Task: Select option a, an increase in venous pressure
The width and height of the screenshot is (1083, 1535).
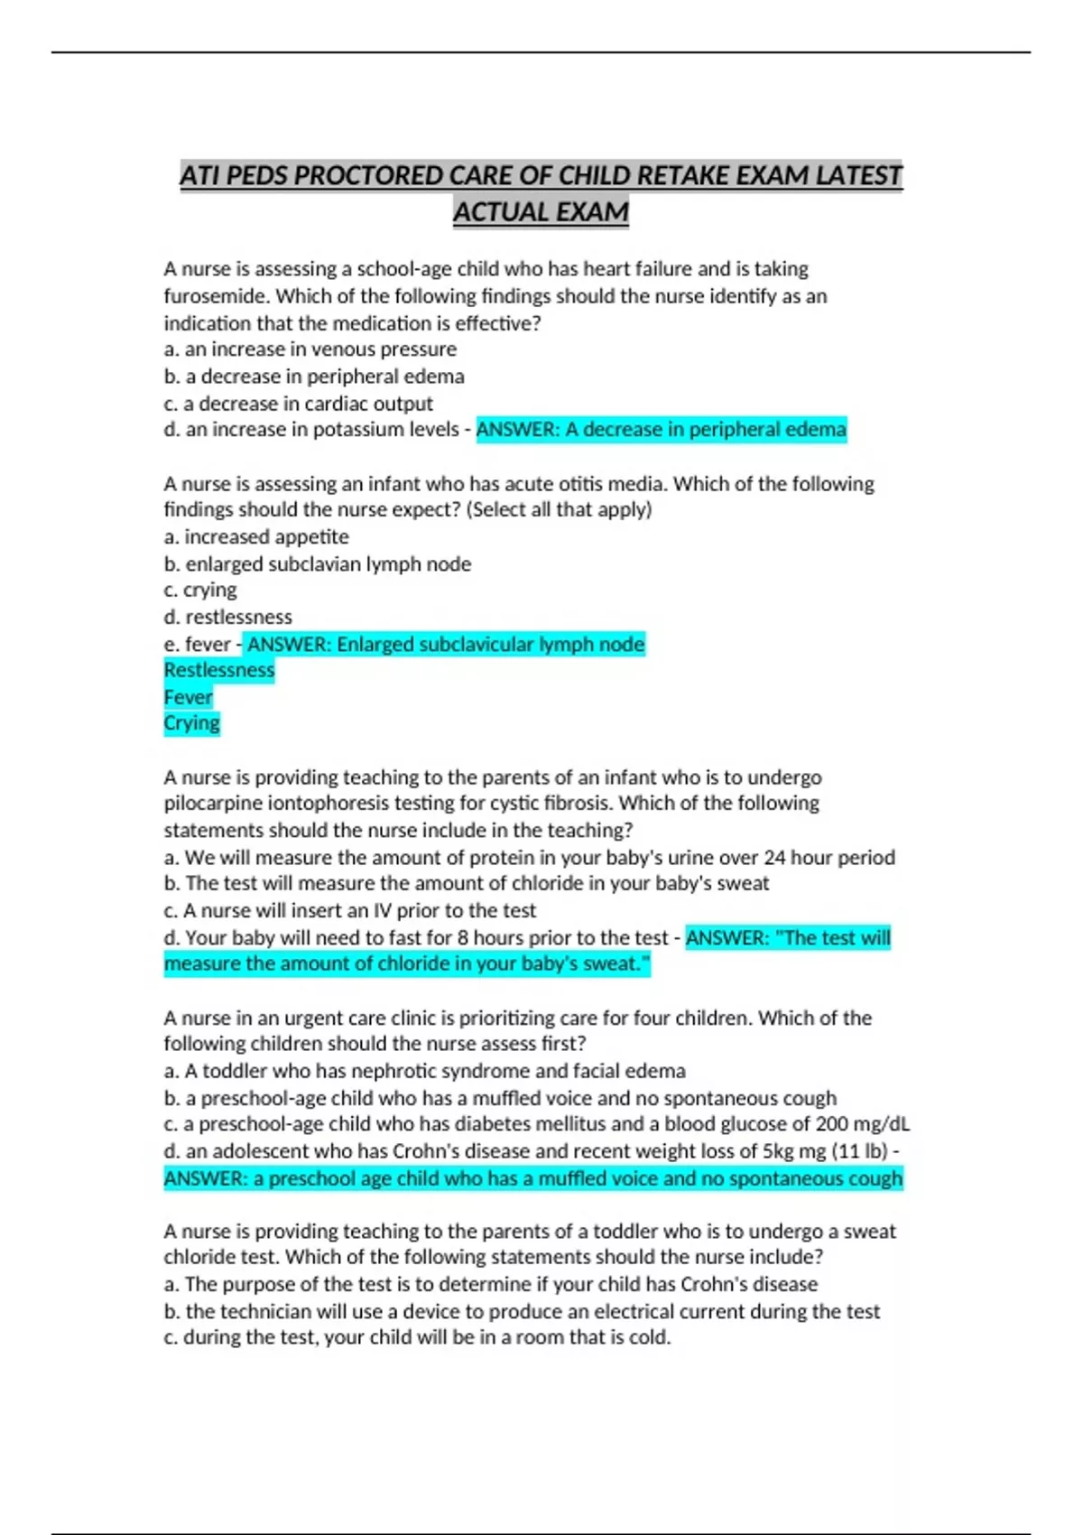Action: coord(310,349)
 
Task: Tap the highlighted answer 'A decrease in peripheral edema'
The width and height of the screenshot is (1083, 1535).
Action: coord(661,430)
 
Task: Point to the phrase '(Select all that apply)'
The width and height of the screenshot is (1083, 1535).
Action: coord(559,509)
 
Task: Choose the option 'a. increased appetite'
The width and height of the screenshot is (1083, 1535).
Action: coord(256,537)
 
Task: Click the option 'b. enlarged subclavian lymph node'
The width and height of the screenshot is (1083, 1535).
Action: coord(318,564)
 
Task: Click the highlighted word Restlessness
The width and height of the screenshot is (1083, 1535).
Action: coord(219,670)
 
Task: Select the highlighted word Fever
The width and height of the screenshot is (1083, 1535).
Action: coord(189,697)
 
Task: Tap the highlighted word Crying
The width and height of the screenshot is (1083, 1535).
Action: coord(192,723)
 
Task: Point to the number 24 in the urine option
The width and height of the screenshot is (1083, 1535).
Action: coord(774,858)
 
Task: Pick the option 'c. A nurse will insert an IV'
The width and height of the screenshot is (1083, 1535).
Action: coord(350,911)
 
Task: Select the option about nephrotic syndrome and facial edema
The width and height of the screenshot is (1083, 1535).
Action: coord(424,1072)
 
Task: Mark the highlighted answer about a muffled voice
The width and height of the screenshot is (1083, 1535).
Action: coord(532,1178)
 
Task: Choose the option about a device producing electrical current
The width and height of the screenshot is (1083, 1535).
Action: coord(522,1312)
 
